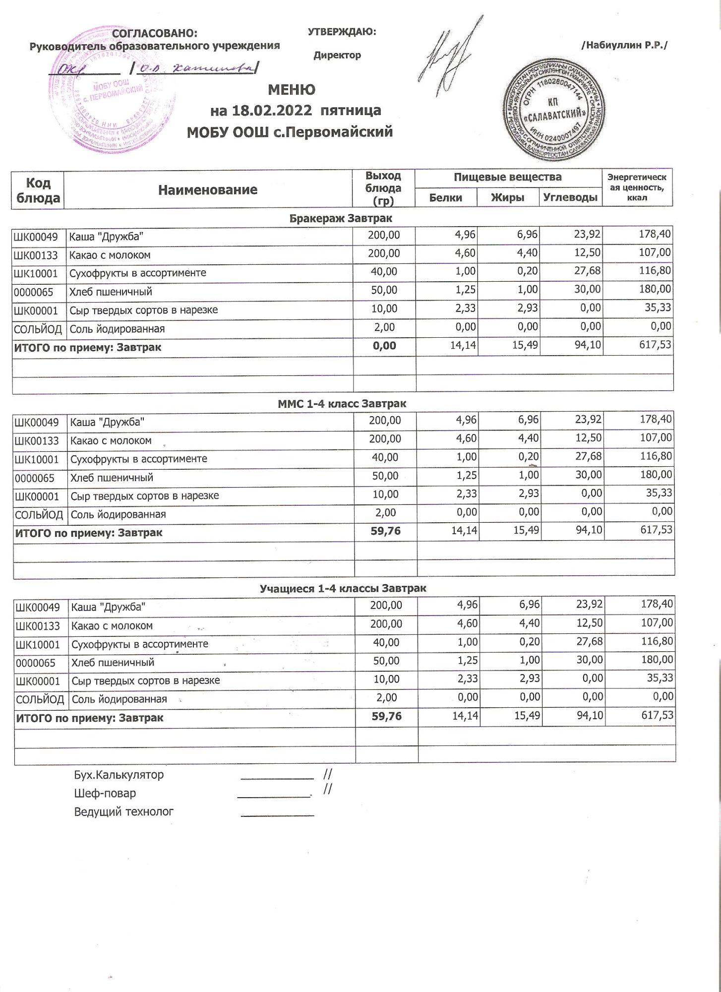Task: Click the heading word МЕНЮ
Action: (292, 90)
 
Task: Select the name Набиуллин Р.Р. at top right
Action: (624, 45)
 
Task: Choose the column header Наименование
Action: (208, 189)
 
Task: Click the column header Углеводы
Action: (570, 197)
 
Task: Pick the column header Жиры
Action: (507, 197)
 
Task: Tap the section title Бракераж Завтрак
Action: (341, 218)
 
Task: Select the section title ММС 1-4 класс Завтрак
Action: (342, 404)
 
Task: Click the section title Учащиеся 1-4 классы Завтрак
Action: (343, 589)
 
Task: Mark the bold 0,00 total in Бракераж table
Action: (384, 346)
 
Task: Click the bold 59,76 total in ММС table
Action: (385, 531)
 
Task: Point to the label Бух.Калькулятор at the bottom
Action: (119, 775)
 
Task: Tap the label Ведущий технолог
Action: (123, 812)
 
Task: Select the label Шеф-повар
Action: (105, 794)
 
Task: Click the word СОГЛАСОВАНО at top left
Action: (155, 33)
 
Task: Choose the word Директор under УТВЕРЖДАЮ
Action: (337, 55)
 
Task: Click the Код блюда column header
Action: (38, 190)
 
